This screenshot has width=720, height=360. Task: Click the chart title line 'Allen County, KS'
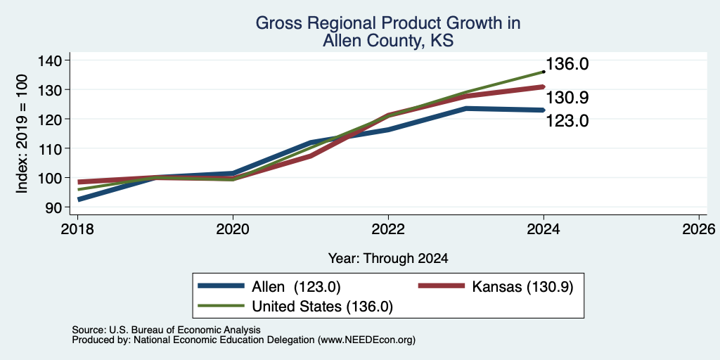[x=388, y=41]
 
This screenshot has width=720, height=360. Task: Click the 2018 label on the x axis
[x=77, y=229]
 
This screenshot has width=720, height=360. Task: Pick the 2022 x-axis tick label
[x=388, y=229]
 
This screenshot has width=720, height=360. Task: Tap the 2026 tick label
[x=699, y=229]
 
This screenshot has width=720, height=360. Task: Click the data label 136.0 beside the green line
[x=567, y=64]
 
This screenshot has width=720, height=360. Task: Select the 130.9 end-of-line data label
[x=567, y=98]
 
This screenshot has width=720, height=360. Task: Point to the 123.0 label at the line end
[x=567, y=121]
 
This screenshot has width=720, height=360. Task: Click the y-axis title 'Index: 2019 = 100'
[x=22, y=134]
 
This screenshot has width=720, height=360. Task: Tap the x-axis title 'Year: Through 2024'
[x=388, y=259]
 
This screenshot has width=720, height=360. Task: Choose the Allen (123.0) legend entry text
[x=296, y=287]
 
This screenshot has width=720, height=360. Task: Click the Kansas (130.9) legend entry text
[x=522, y=287]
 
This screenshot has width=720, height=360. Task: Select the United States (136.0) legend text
[x=322, y=307]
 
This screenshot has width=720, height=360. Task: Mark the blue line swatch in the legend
[x=221, y=285]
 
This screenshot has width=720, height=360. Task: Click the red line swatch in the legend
[x=441, y=285]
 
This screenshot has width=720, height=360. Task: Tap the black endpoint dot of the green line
[x=544, y=72]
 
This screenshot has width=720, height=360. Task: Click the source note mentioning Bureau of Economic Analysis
[x=166, y=330]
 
